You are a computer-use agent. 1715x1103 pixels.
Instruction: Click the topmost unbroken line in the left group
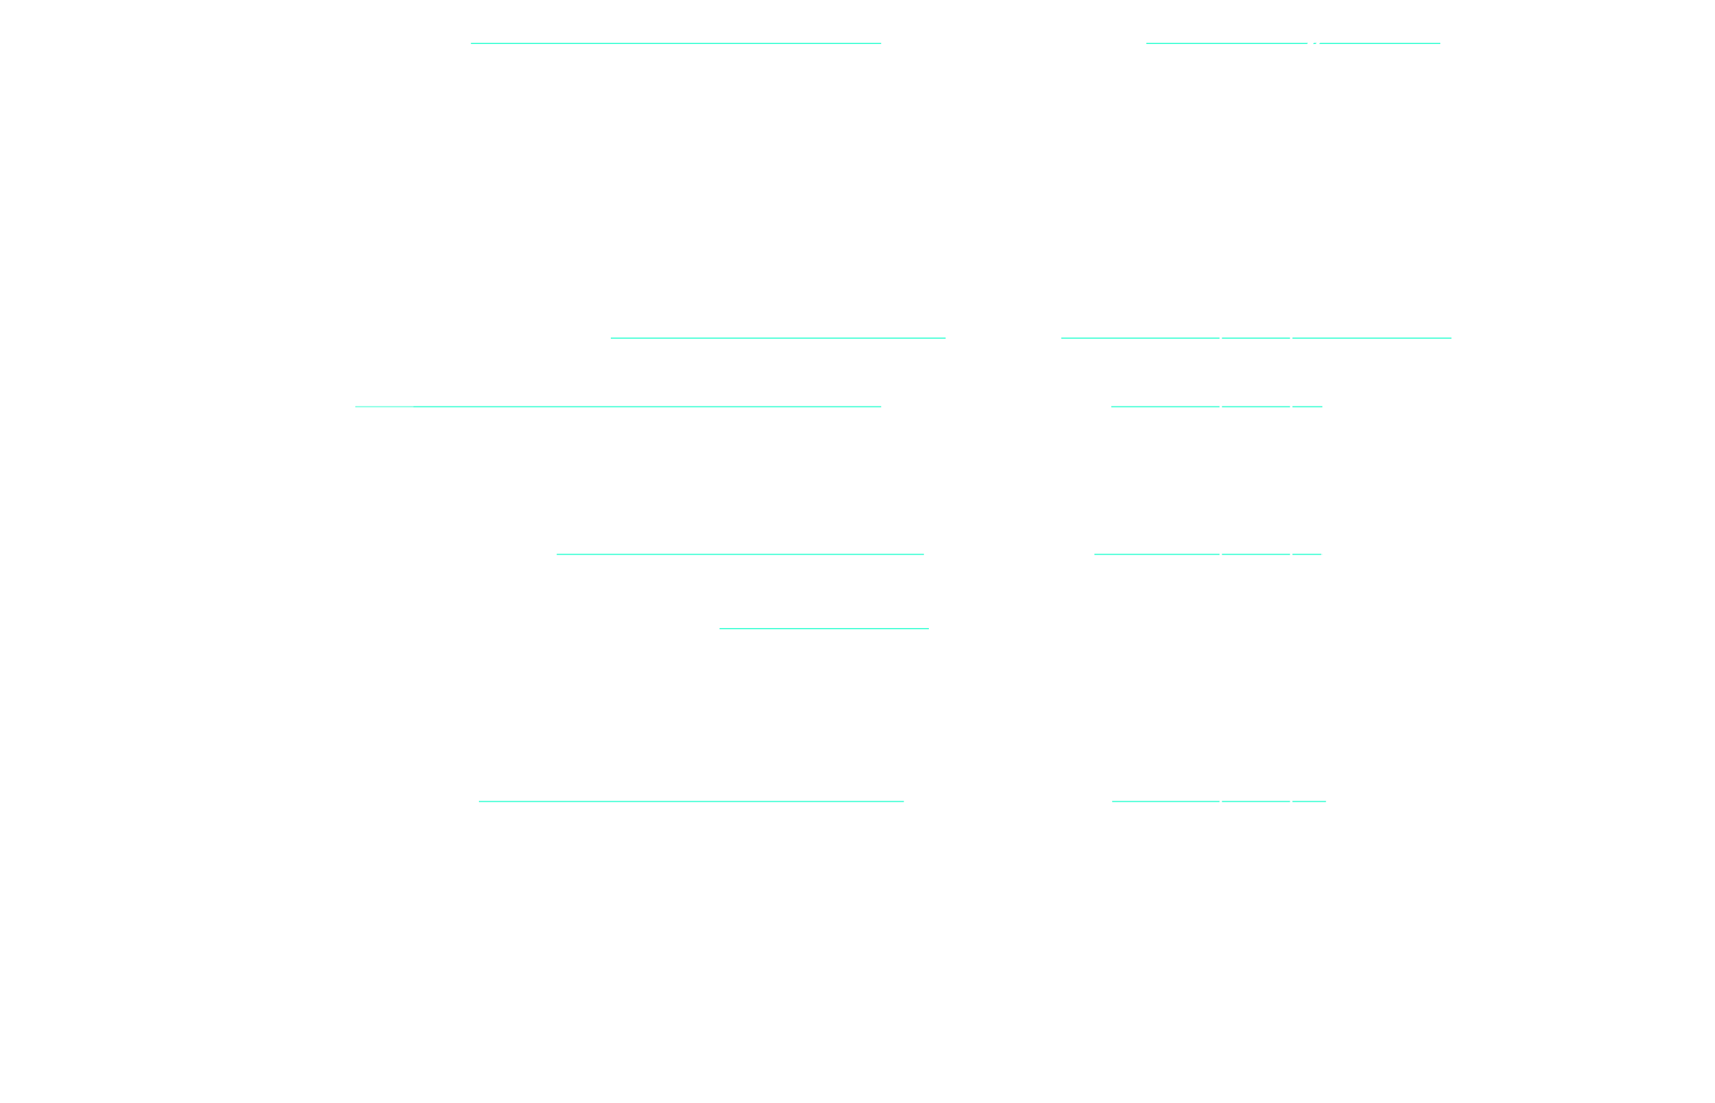[676, 43]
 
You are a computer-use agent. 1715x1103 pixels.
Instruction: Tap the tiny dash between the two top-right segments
[1315, 43]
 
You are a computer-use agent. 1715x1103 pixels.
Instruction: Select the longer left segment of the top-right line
[1226, 43]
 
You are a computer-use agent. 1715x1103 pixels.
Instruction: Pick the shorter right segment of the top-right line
[1379, 43]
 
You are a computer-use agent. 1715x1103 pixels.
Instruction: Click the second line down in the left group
[777, 338]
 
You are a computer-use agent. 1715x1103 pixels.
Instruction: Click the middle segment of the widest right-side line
[1255, 338]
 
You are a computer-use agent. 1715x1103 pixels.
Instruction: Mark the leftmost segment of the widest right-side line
[1140, 338]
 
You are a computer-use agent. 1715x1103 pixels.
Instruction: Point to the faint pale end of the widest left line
[384, 407]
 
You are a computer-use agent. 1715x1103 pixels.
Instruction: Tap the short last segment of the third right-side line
[1307, 407]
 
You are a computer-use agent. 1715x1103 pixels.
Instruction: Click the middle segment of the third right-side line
[1255, 407]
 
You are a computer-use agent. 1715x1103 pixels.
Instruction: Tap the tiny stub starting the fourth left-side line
[560, 555]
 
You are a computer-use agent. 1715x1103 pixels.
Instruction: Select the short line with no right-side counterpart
[823, 629]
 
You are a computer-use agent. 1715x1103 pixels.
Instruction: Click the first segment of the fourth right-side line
[1156, 555]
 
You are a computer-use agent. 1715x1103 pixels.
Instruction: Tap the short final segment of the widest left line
[848, 407]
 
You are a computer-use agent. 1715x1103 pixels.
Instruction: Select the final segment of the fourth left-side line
[869, 555]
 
